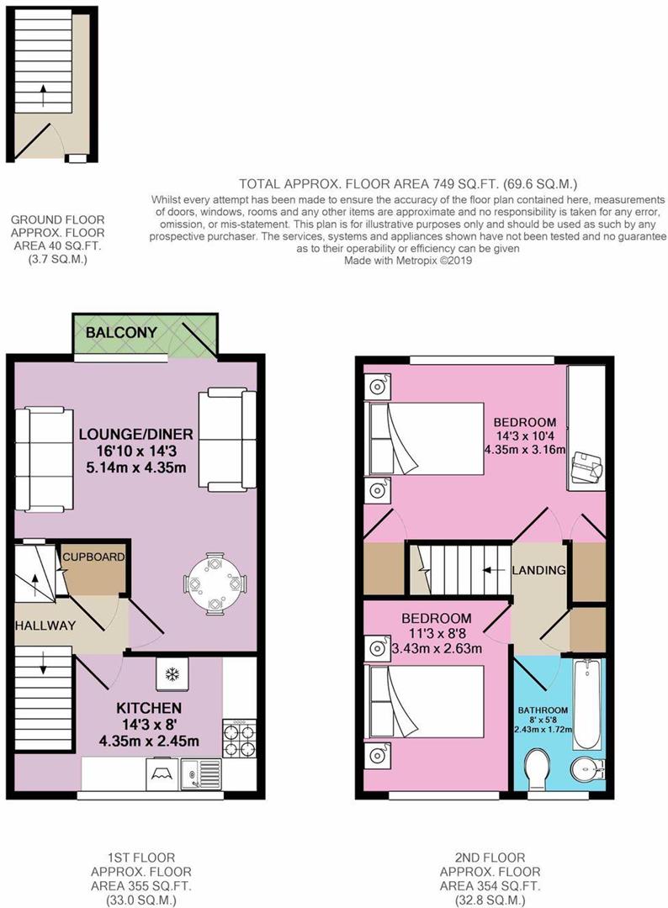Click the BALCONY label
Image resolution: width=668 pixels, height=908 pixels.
point(122,333)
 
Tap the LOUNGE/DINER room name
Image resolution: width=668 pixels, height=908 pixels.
point(136,435)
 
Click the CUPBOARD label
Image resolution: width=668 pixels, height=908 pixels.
point(93,557)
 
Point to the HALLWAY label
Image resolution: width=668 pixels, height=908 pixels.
point(45,626)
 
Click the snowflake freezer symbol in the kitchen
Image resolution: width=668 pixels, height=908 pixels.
point(171,674)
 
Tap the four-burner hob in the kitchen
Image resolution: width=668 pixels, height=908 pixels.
point(237,739)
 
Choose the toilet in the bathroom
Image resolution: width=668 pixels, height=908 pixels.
point(535,768)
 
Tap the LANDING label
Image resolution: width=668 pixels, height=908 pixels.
point(539,571)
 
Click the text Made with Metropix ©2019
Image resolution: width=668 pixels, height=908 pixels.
point(408,261)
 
